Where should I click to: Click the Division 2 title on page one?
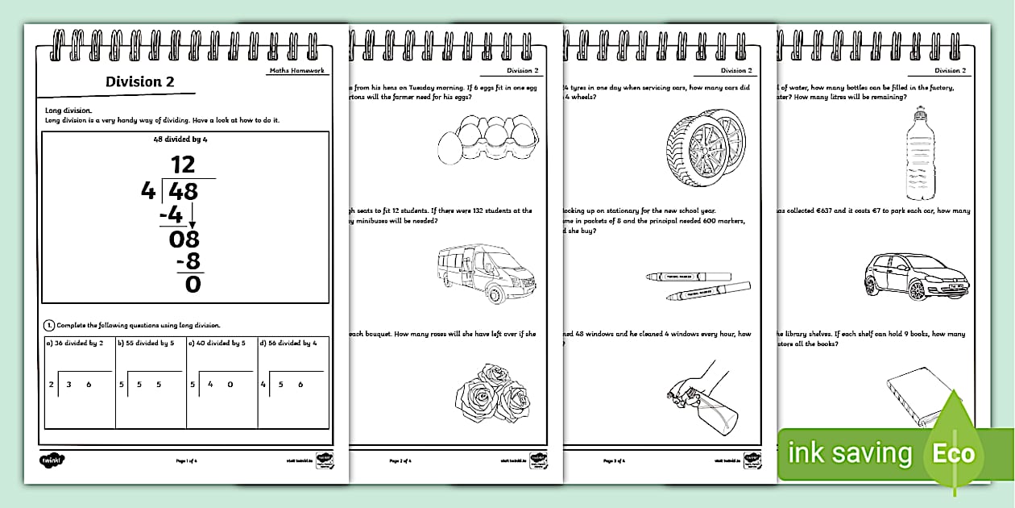tap(139, 81)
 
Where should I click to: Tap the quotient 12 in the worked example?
tap(183, 165)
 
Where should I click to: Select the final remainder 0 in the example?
tap(193, 284)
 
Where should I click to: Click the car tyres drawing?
tap(705, 148)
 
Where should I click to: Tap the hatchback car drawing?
tap(914, 274)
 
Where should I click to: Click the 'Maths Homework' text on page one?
tap(296, 70)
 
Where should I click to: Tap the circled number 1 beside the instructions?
tap(48, 325)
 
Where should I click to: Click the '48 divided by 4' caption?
tap(184, 139)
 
